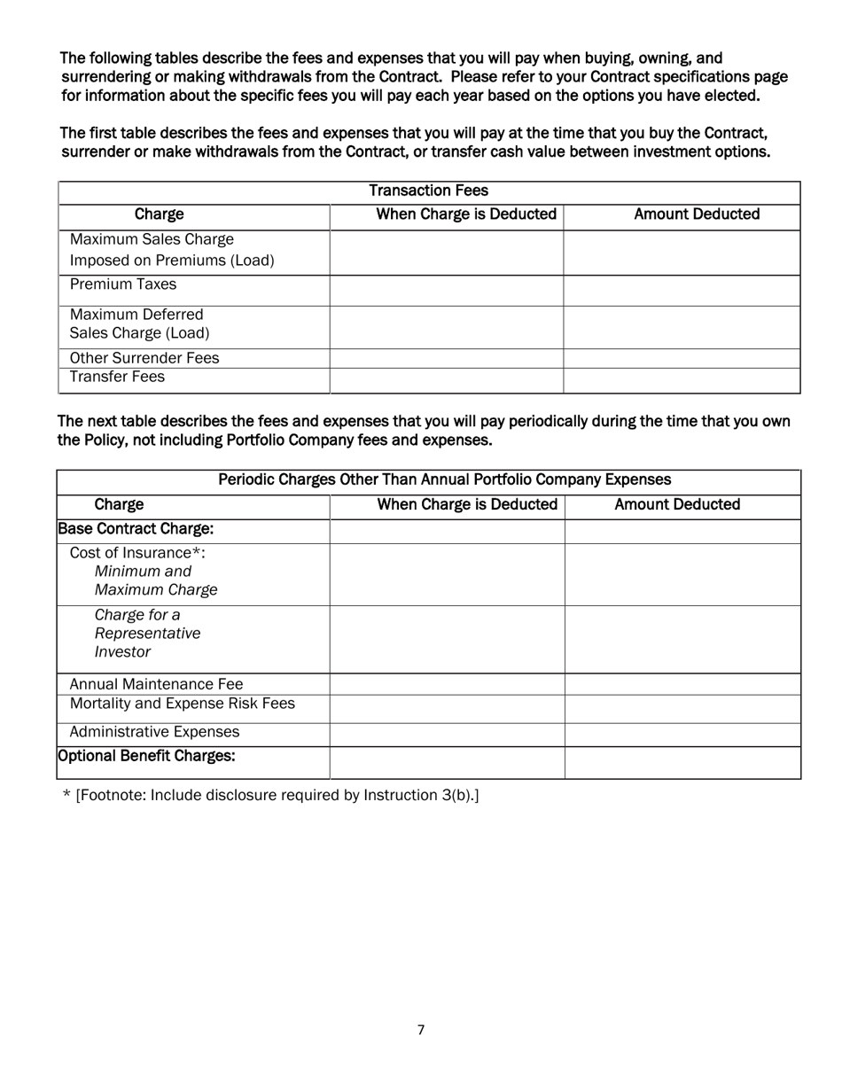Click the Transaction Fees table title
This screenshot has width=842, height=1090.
tap(428, 191)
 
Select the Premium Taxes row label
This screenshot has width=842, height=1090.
tap(122, 284)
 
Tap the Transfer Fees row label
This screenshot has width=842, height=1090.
tap(117, 378)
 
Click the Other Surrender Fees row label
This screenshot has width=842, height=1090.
tap(144, 358)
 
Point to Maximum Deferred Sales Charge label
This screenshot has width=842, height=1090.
tap(139, 324)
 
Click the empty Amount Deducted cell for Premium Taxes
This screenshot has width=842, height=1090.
tap(682, 290)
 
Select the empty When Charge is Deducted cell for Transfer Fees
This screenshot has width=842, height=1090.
tap(447, 380)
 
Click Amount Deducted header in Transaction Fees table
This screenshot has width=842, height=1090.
tap(697, 214)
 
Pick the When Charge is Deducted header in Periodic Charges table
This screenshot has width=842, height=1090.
tap(467, 505)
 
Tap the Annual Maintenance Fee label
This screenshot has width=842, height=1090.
tap(156, 684)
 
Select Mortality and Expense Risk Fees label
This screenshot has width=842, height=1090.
tap(182, 704)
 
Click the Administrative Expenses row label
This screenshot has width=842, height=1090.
tap(154, 732)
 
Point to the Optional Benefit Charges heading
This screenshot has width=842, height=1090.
tap(146, 756)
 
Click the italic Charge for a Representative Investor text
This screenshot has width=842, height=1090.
tap(147, 634)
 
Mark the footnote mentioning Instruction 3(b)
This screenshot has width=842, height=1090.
tap(271, 795)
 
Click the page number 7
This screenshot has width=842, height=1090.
tap(421, 1030)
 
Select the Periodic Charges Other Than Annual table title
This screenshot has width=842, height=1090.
tap(444, 480)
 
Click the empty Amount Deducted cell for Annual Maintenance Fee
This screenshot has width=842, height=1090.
tap(682, 684)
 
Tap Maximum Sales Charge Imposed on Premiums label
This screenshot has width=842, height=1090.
tap(171, 250)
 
